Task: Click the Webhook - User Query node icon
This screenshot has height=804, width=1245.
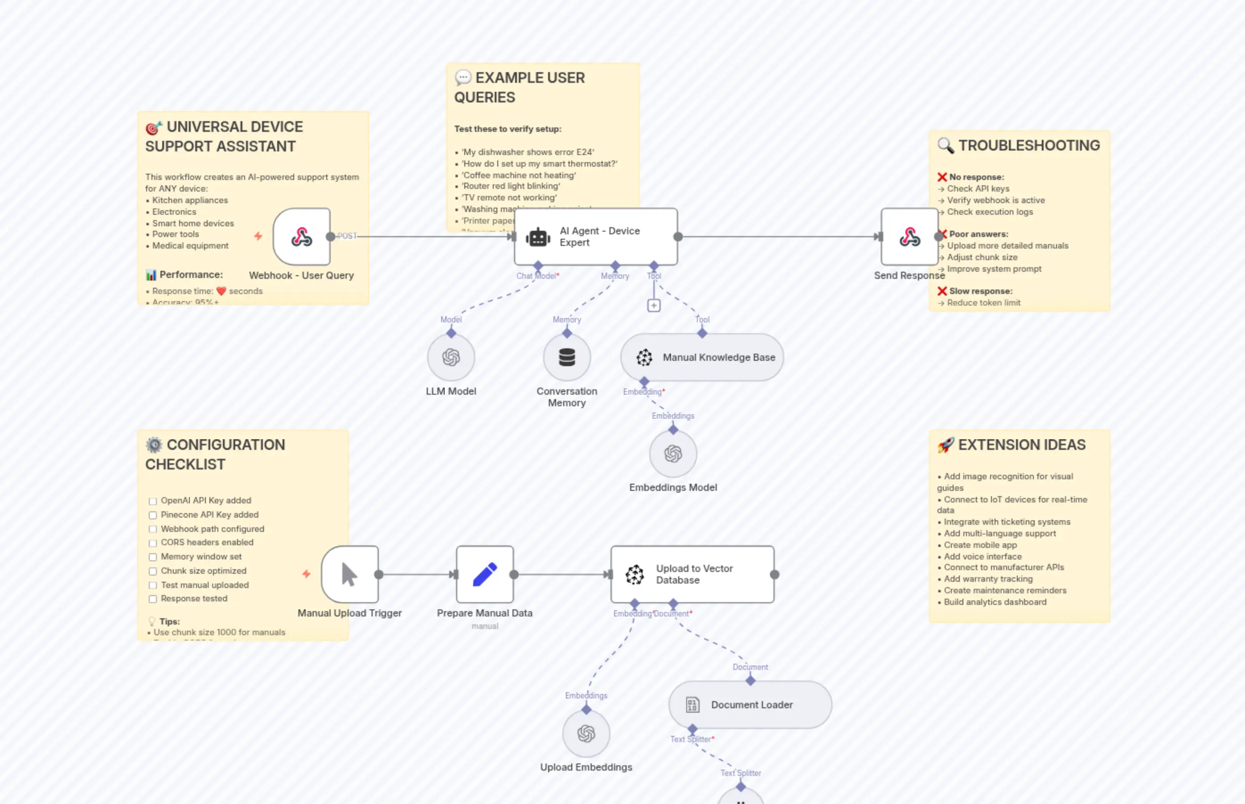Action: [x=301, y=237]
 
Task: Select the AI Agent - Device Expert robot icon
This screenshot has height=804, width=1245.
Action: [x=538, y=237]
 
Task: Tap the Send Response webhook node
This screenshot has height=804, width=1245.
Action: [x=909, y=237]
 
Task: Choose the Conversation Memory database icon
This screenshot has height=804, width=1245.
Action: [x=567, y=357]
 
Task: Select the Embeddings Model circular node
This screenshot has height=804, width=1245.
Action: [x=673, y=454]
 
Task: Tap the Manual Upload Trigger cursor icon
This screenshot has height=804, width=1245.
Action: [x=349, y=574]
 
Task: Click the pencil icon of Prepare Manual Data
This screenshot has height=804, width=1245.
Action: [x=485, y=574]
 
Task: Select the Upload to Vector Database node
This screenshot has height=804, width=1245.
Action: [x=692, y=574]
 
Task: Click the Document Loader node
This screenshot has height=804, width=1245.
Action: [x=750, y=704]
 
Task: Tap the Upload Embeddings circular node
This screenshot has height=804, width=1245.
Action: [x=586, y=734]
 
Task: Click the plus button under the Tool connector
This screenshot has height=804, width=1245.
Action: [x=654, y=306]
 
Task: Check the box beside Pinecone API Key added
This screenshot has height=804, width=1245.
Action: [x=152, y=515]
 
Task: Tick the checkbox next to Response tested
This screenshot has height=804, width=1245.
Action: [x=152, y=599]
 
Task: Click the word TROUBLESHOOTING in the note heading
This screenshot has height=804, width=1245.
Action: [x=1029, y=145]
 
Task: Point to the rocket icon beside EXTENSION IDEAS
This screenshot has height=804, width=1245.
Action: [x=945, y=445]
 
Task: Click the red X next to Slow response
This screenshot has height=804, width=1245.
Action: [x=942, y=291]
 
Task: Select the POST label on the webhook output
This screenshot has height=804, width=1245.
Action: [x=347, y=236]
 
